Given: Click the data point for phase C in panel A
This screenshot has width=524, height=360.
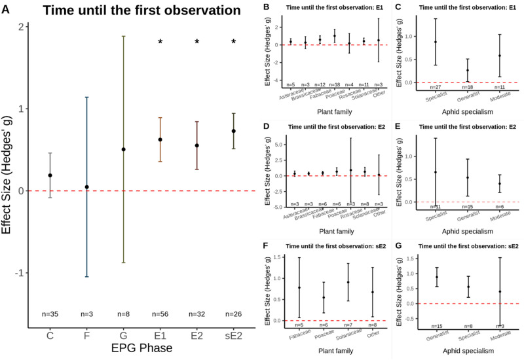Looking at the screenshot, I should (50, 175).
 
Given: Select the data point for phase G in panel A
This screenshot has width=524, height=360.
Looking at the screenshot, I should (123, 149).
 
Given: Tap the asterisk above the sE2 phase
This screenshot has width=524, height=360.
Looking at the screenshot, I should (234, 43).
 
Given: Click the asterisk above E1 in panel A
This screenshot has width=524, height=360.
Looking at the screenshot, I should (160, 43).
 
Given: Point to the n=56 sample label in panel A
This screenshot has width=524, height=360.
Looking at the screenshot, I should (160, 314).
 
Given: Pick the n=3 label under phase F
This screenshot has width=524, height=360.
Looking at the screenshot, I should (86, 314).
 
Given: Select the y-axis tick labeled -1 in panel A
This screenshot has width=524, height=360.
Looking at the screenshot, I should (22, 273).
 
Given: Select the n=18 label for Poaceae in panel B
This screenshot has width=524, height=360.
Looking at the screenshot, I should (335, 84).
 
